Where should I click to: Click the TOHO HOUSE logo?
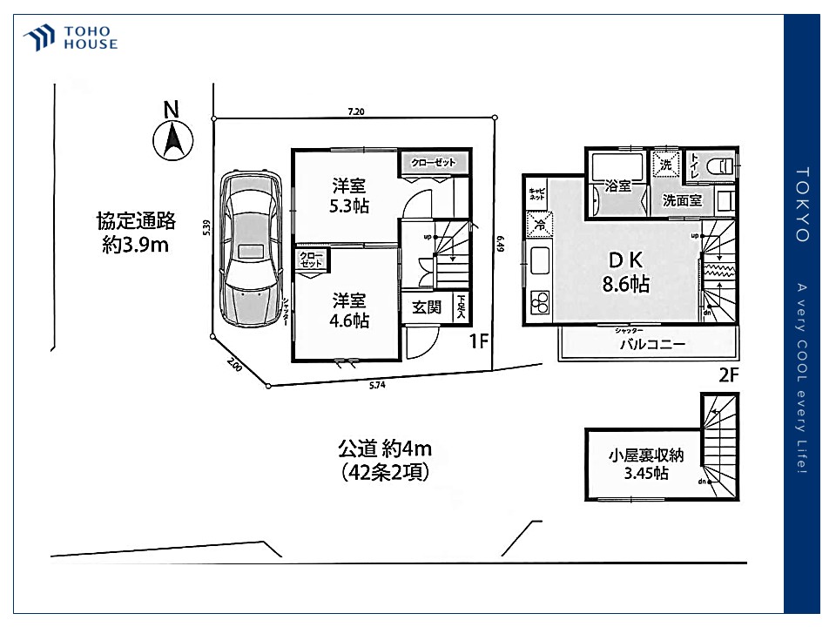tap(71, 38)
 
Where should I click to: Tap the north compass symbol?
tap(172, 138)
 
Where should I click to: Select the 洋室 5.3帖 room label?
tap(348, 195)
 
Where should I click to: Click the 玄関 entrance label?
tap(427, 307)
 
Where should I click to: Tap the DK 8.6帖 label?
tap(624, 271)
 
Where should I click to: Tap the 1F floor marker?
tap(478, 341)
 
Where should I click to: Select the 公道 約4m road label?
tap(385, 460)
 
